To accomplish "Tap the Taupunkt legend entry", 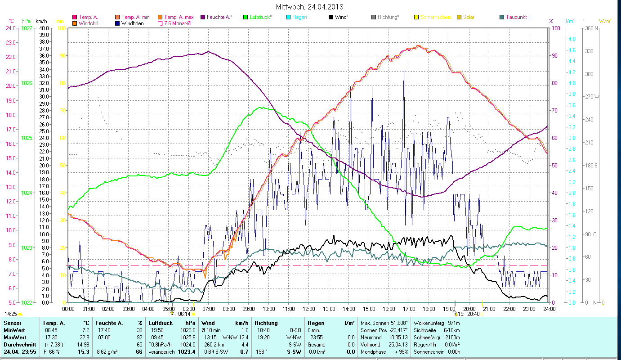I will click(516, 17).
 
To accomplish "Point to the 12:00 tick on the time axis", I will click(309, 309).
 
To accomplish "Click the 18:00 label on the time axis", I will click(429, 309).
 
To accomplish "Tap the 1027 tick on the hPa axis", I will click(27, 28).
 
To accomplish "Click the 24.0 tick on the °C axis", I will click(10, 28).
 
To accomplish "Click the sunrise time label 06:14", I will click(184, 314).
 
